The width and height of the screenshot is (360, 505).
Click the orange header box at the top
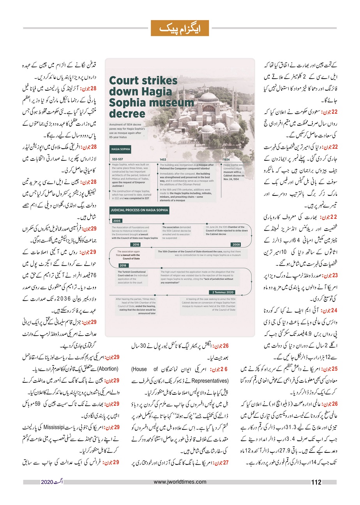[x=180, y=28]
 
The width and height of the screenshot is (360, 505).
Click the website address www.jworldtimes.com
[x=180, y=482]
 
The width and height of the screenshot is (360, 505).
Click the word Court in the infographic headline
[x=124, y=81]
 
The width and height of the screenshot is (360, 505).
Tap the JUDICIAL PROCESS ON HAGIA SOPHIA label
[x=139, y=210]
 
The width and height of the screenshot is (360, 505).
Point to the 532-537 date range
[x=117, y=159]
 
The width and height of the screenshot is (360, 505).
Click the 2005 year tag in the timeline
[x=116, y=220]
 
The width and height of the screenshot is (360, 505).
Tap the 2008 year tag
[x=236, y=245]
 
